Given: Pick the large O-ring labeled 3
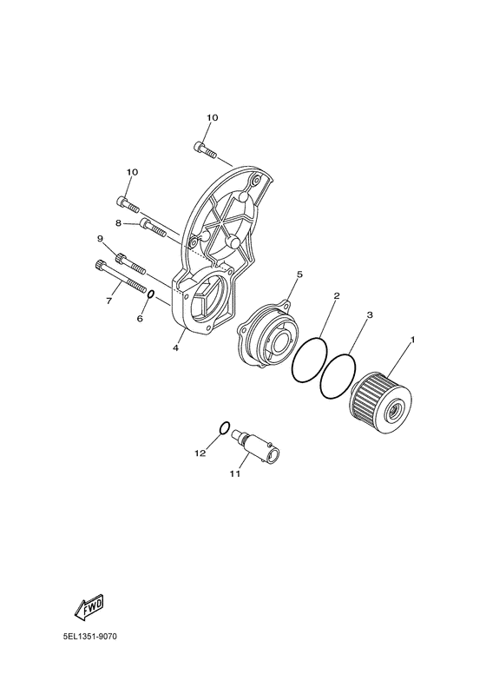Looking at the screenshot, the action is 323,377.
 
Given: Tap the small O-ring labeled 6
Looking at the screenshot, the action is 150,294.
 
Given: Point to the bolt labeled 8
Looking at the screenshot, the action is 154,228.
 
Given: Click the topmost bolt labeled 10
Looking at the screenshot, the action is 205,149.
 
